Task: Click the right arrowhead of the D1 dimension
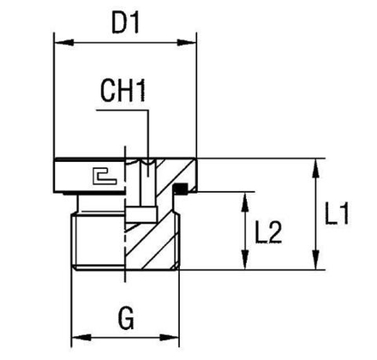(x=192, y=39)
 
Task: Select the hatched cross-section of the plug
(x=159, y=231)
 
